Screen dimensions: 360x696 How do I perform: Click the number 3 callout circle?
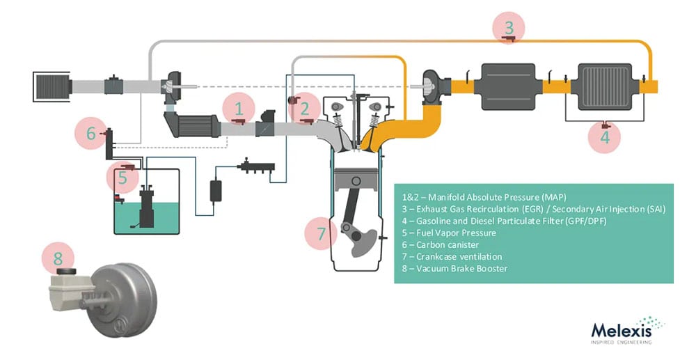point(509,29)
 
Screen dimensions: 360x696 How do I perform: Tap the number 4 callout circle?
point(604,136)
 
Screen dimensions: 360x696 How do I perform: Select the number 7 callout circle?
point(322,233)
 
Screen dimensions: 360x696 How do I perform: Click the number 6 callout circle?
point(90,132)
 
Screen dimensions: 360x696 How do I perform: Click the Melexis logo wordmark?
point(621,329)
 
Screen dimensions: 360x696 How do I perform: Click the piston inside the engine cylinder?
point(356,187)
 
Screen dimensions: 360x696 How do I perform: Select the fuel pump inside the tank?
point(148,207)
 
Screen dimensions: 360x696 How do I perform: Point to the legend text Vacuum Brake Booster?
point(453,269)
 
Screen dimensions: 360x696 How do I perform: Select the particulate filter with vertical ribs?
point(603,86)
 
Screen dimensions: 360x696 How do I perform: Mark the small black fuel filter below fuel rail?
point(216,189)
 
